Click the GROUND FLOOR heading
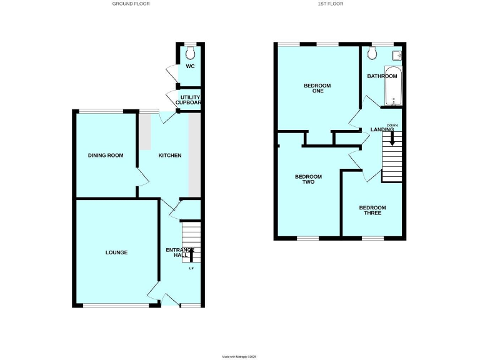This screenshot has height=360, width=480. tap(131, 4)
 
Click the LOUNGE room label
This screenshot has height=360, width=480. tap(116, 252)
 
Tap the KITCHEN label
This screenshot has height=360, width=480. tap(169, 155)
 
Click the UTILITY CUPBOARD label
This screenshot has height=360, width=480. tap(190, 101)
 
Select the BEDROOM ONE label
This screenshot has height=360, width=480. tap(317, 89)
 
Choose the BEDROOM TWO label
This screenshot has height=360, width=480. tap(308, 180)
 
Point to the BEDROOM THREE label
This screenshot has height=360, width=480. tap(372, 211)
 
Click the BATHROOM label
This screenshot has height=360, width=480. tap(382, 76)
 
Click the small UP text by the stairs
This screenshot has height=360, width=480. tap(191, 269)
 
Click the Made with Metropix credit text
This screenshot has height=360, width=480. tap(239, 356)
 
